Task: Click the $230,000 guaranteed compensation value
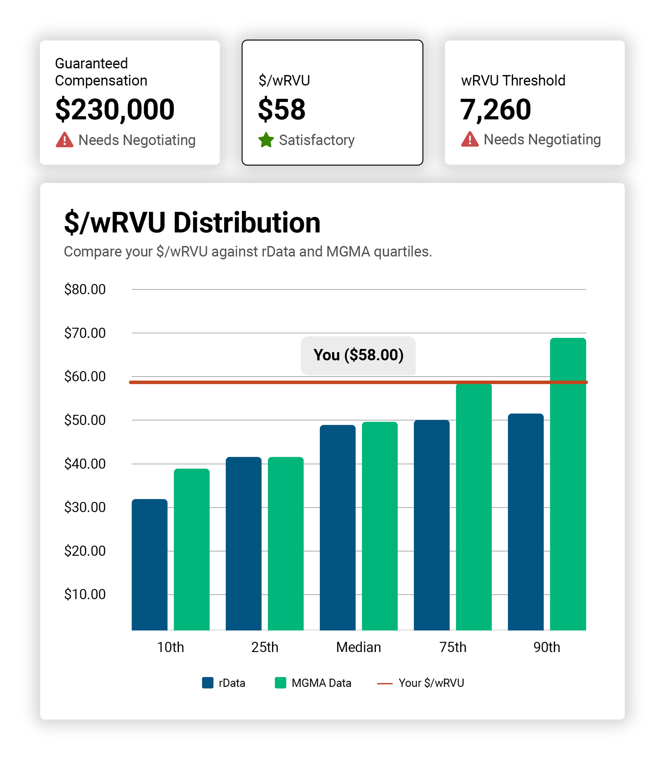[115, 109]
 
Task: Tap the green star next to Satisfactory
[266, 140]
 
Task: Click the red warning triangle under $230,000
[65, 140]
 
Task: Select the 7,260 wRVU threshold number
[495, 109]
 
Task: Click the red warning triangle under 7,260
[470, 139]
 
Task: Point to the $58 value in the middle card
[282, 109]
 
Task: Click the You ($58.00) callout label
[358, 355]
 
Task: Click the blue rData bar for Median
[337, 528]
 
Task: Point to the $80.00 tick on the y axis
[85, 290]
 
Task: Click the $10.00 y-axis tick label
[85, 594]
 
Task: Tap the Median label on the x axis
[358, 647]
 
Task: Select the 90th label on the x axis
[546, 647]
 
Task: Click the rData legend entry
[224, 683]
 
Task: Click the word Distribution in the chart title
[247, 223]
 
